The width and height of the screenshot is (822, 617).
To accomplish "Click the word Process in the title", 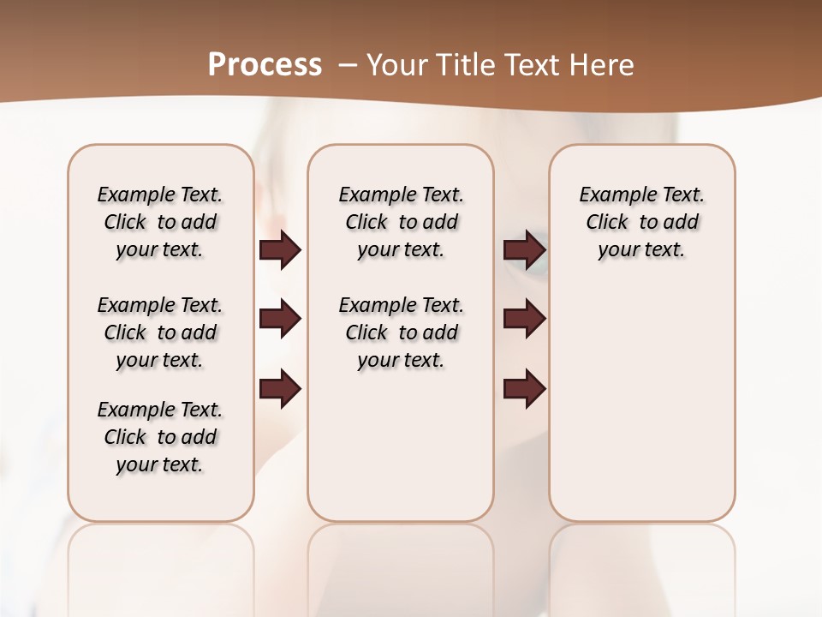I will [265, 64].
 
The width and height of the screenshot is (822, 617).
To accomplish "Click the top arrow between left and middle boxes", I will [280, 249].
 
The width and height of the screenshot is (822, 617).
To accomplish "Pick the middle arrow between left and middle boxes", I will [280, 319].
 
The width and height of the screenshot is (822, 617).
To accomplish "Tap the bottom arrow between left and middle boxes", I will [280, 390].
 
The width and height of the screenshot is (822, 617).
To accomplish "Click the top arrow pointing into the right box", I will [524, 249].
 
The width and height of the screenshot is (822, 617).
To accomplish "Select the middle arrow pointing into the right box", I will [524, 319].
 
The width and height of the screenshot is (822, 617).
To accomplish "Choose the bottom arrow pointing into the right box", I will [524, 390].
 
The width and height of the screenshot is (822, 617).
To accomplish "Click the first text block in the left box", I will [160, 222].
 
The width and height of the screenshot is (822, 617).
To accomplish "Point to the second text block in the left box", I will [160, 332].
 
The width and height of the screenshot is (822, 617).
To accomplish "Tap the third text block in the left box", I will [160, 437].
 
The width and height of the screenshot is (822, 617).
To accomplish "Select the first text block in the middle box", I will [402, 222].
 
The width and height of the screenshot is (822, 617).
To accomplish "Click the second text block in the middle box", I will [402, 332].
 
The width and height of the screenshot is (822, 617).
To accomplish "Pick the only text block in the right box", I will [642, 222].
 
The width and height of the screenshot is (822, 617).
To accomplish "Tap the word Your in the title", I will [398, 65].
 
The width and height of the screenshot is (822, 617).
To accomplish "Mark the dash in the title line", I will [348, 65].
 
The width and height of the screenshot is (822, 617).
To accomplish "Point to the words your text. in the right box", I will [642, 250].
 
